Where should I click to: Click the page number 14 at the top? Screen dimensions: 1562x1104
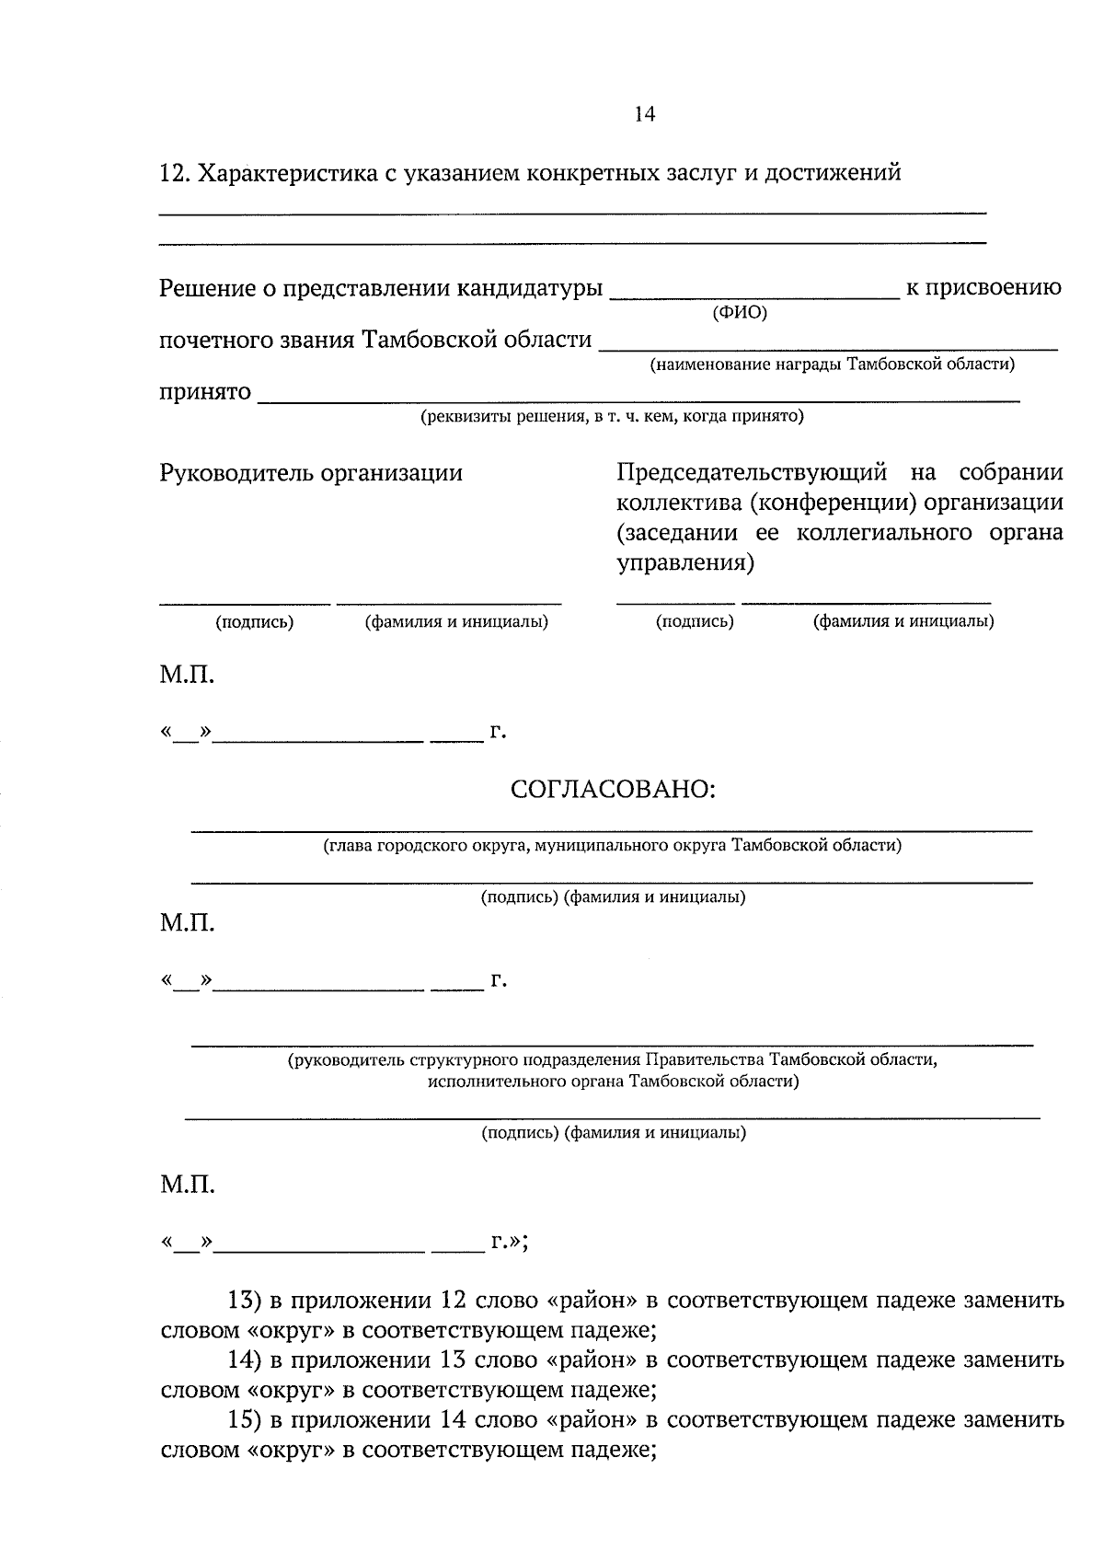[644, 114]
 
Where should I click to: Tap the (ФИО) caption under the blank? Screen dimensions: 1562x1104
[740, 312]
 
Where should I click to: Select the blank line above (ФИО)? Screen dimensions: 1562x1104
[754, 297]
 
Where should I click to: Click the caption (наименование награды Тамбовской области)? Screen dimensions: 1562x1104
[833, 364]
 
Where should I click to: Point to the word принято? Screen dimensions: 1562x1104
[205, 392]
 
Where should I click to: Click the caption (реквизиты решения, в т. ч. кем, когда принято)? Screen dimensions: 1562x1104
[612, 417]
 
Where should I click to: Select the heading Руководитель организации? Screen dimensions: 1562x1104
[311, 473]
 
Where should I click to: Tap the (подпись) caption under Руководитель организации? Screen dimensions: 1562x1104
[254, 622]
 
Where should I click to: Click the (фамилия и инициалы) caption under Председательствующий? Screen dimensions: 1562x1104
[903, 621]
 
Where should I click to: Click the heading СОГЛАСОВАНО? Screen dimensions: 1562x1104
[613, 790]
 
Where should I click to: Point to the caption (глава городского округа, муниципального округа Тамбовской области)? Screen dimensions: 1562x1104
[612, 845]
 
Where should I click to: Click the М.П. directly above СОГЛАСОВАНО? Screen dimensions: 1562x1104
[187, 677]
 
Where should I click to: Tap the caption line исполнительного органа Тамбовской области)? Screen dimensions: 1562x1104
[613, 1081]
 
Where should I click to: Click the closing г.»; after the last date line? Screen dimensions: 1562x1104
[509, 1243]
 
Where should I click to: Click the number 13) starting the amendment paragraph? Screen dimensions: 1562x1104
[245, 1301]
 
